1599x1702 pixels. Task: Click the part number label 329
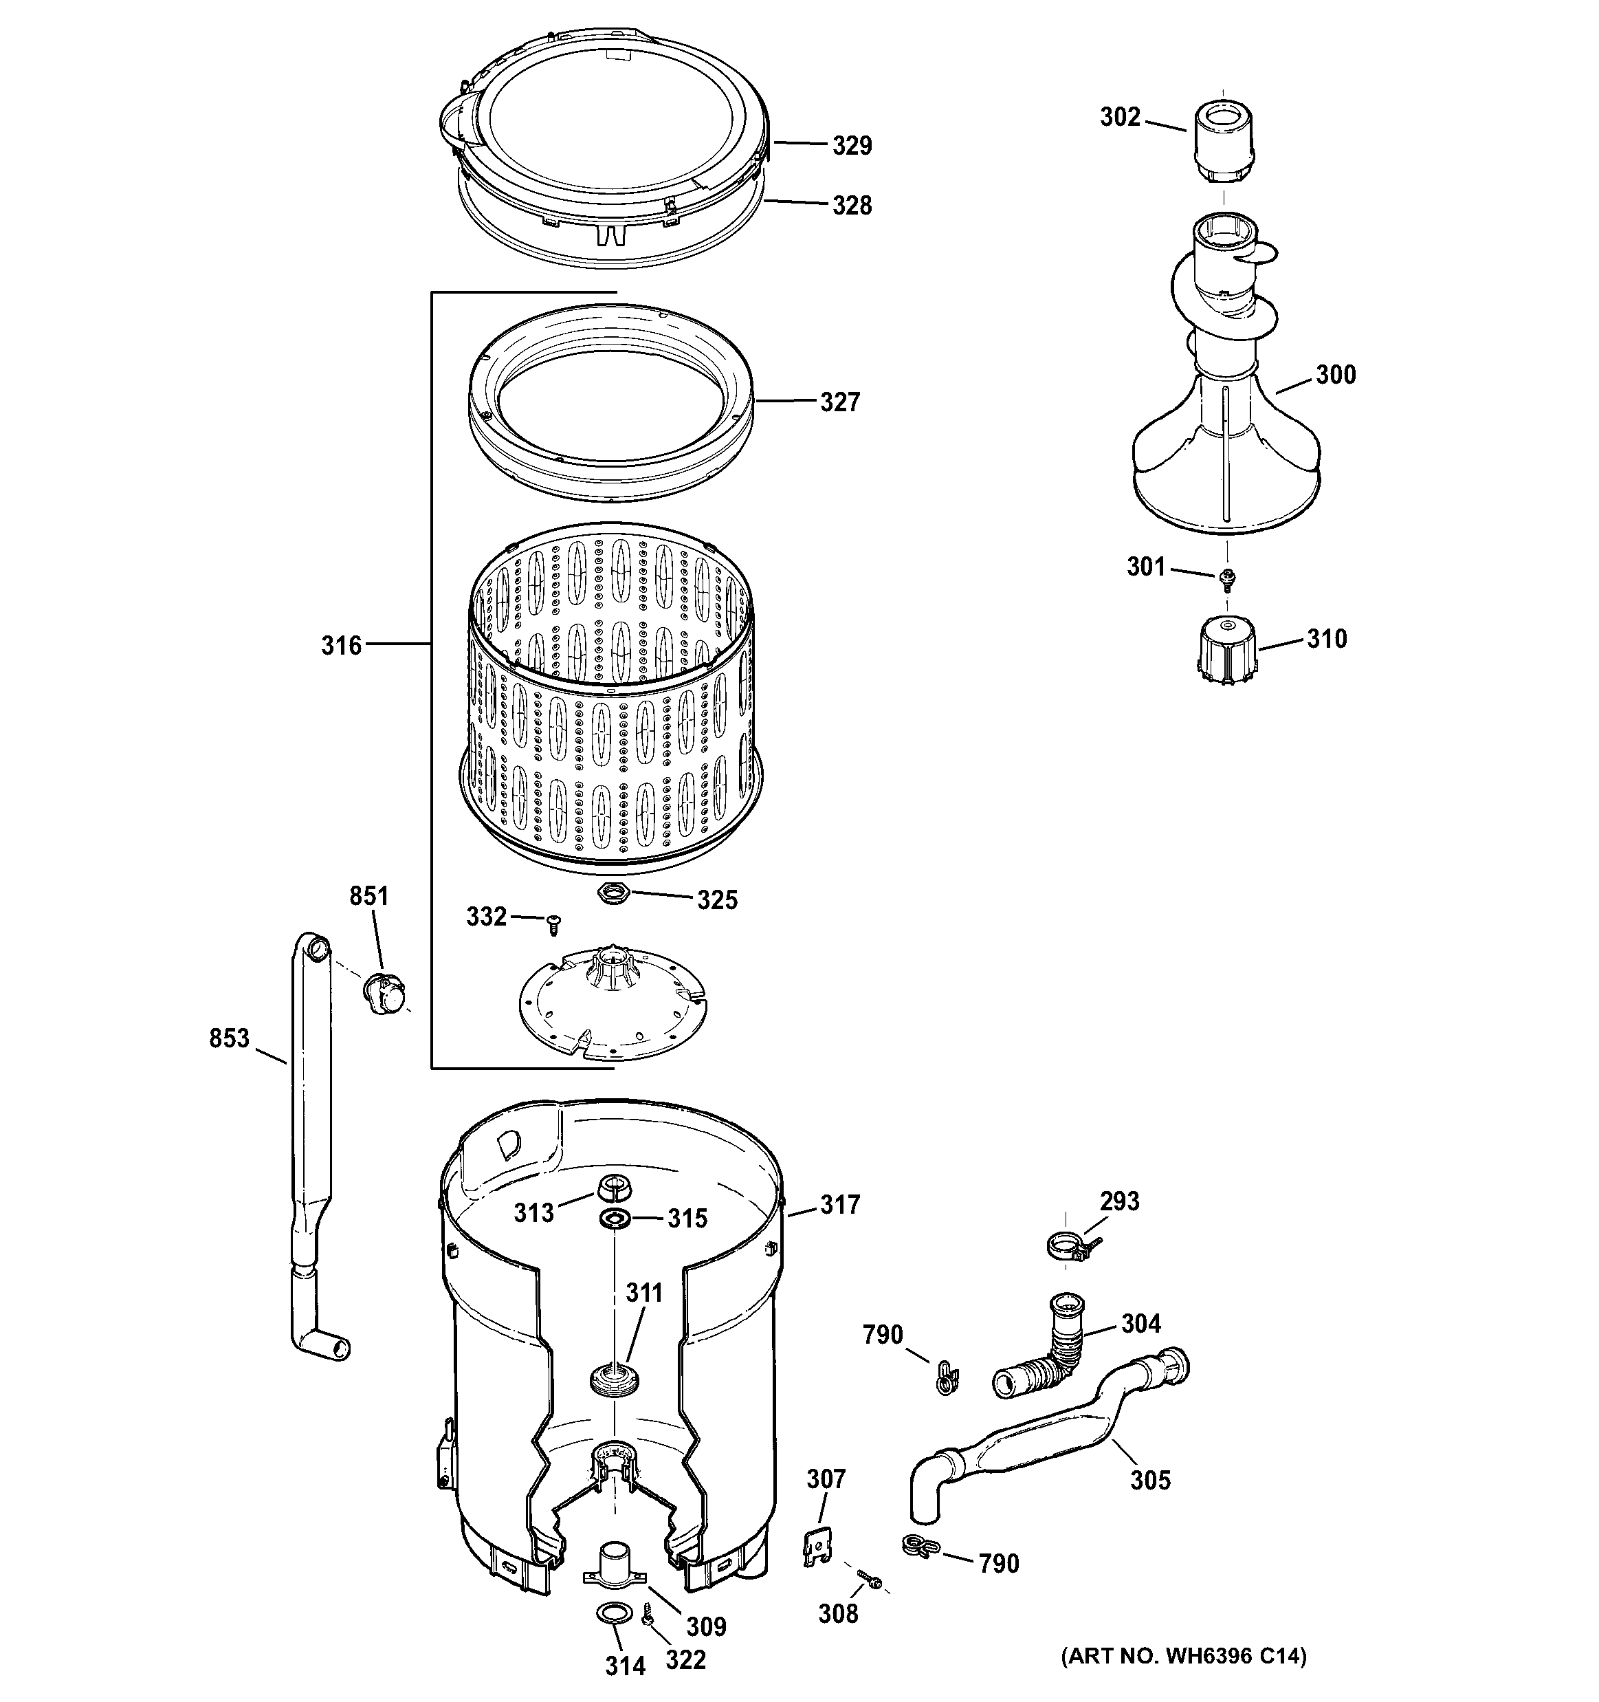point(852,146)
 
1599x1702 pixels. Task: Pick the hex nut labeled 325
point(614,895)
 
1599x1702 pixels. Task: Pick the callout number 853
point(230,1038)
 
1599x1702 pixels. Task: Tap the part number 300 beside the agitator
point(1335,374)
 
